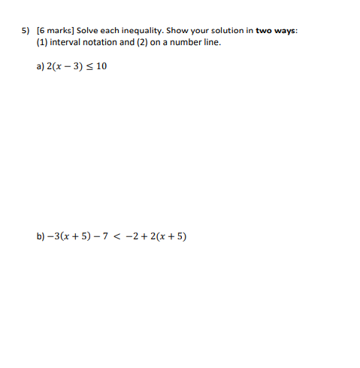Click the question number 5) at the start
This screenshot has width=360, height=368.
[24, 31]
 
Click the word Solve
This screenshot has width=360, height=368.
[89, 31]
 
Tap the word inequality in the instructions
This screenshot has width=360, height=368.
[142, 31]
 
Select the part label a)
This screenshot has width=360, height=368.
[40, 66]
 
